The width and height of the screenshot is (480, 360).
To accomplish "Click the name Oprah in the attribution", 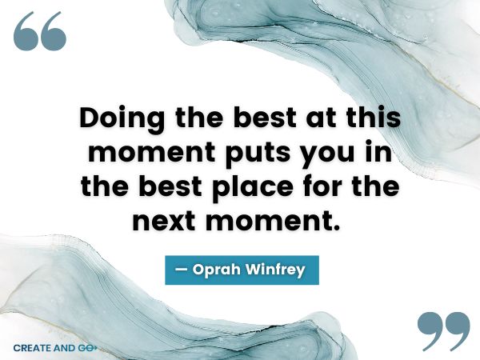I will [218, 270].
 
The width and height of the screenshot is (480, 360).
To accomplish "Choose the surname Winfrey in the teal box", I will [276, 270].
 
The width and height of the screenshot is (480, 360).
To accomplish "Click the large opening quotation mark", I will [39, 32].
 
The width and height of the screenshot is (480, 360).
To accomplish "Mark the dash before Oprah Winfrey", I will [181, 270].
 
